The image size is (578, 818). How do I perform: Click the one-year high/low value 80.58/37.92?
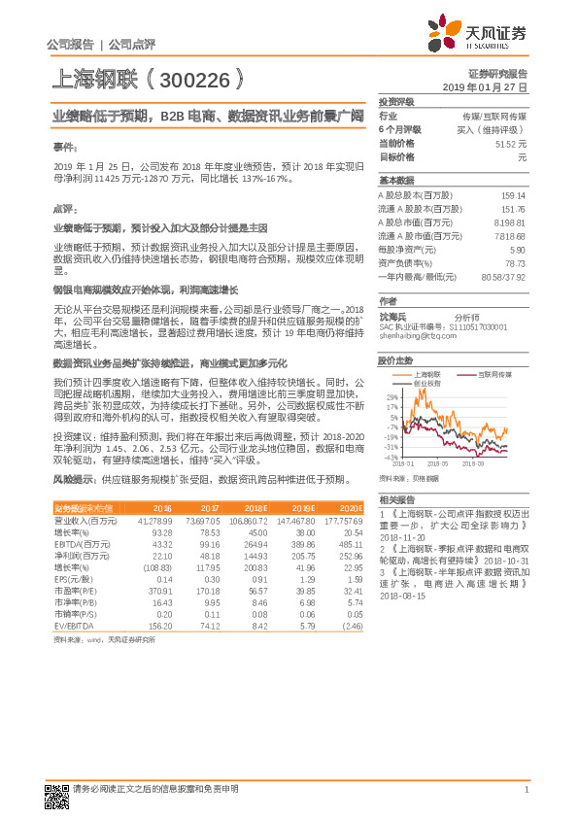point(503,277)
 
